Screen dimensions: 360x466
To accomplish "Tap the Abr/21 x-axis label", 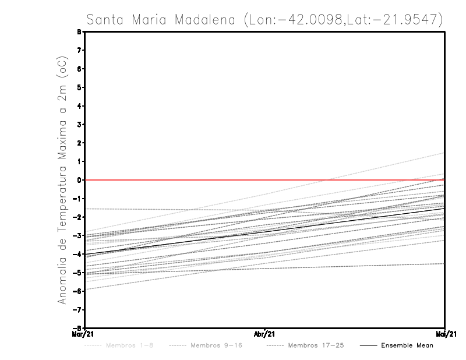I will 265,334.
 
